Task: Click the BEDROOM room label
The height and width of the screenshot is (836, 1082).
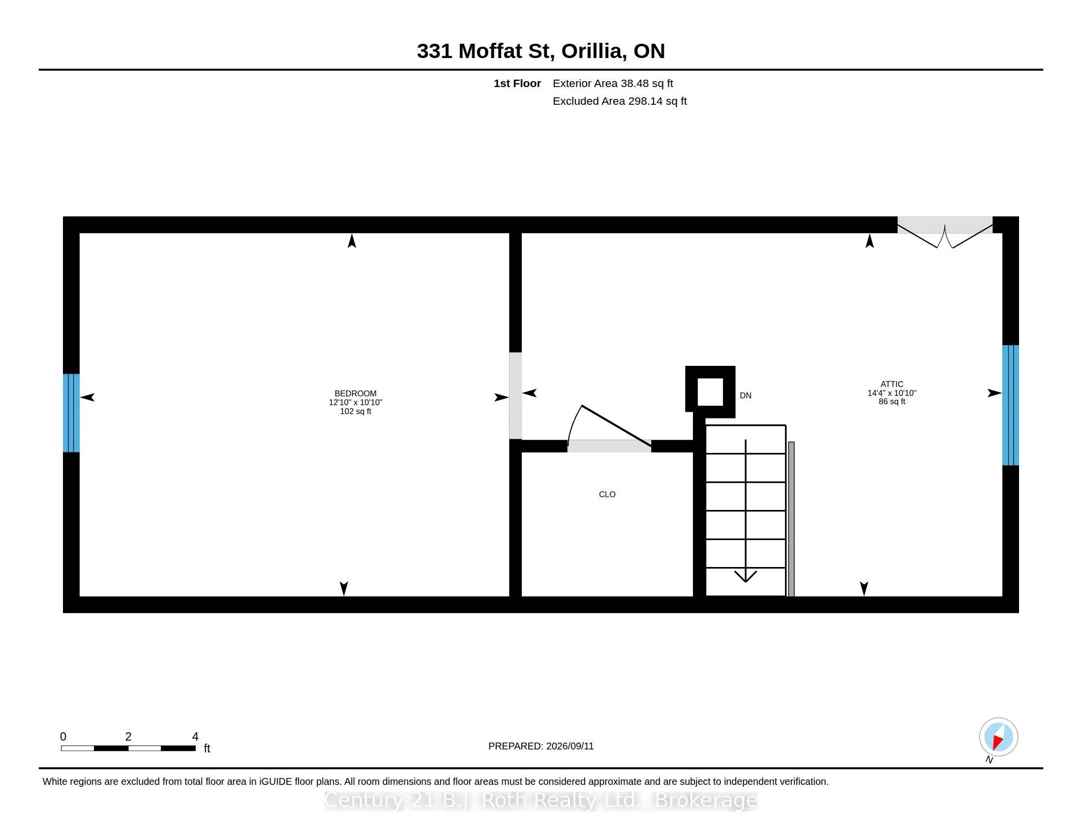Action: (x=355, y=393)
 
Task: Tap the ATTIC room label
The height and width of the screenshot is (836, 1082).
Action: (x=892, y=384)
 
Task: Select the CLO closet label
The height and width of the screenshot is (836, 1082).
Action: (x=607, y=494)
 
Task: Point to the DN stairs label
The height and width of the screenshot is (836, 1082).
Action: (x=746, y=395)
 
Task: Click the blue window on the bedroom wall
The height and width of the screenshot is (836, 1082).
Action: (x=71, y=413)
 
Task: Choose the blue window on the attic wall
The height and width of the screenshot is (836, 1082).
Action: (x=1010, y=405)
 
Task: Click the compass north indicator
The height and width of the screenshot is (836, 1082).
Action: (x=998, y=738)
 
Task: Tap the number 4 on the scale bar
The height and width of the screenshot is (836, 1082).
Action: (x=195, y=737)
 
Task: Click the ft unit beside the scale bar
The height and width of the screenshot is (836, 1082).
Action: (x=207, y=748)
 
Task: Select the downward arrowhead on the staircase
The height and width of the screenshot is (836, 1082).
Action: (x=745, y=576)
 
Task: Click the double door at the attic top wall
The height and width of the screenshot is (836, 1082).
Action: (x=945, y=232)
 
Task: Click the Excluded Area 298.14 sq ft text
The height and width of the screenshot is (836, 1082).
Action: (x=619, y=101)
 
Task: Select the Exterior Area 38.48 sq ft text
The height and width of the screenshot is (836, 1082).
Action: (x=613, y=83)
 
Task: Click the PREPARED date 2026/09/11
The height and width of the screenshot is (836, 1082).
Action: (x=569, y=746)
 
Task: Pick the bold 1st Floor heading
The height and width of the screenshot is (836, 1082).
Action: (x=517, y=83)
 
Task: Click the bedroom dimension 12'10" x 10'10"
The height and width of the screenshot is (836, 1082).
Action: (x=355, y=402)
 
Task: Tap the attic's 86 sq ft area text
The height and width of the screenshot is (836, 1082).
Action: (x=892, y=401)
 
